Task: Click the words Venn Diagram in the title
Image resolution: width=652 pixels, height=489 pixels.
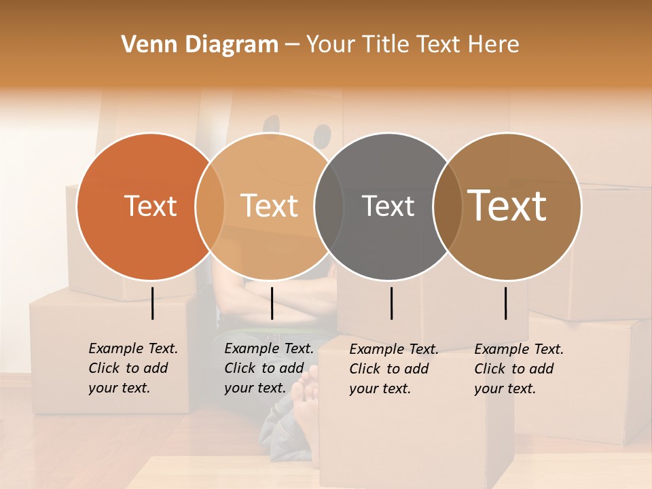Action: pos(200,45)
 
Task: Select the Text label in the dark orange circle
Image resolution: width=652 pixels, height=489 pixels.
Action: pos(150,206)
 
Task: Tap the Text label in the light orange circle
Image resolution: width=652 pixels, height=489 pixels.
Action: pos(270,206)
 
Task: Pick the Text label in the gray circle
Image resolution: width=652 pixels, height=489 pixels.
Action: pos(388,206)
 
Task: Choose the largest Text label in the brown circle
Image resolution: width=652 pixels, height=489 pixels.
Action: pos(507,206)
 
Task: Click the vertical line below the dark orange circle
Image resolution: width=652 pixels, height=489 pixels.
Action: pos(152,303)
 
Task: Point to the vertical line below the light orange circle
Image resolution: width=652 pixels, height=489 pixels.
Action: pos(272,303)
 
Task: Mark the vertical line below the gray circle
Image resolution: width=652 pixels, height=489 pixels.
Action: pos(391,303)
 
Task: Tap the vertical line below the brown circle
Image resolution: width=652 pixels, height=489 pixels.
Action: pos(506,303)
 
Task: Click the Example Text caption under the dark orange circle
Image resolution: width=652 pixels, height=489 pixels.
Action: pos(133,368)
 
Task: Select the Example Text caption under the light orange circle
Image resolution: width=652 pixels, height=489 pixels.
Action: pos(269,368)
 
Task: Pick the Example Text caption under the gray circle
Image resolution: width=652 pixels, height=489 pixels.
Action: pos(394,369)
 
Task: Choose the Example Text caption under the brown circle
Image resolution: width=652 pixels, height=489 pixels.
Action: pos(519,369)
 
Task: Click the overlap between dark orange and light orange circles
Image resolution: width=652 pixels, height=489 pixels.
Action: pos(210,206)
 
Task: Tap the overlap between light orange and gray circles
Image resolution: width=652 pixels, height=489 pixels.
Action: pos(329,206)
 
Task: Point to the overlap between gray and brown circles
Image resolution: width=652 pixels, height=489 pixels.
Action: pos(447,206)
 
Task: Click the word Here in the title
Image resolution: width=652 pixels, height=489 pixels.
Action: pos(494,45)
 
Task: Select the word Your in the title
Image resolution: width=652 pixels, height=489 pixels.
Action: pos(330,45)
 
